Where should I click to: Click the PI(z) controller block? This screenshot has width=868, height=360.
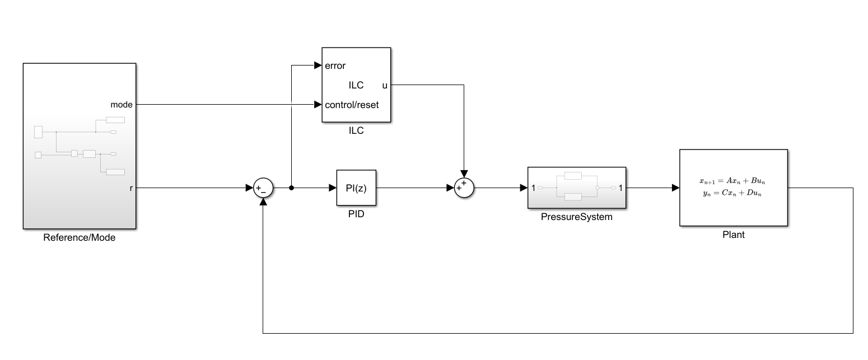[356, 188]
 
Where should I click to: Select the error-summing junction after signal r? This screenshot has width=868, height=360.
[263, 188]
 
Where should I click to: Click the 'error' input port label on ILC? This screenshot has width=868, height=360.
[335, 66]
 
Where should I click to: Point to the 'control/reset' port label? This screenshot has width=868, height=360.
[352, 104]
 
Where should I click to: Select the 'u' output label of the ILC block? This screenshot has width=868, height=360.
[385, 85]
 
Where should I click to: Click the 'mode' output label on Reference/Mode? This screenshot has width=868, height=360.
[122, 104]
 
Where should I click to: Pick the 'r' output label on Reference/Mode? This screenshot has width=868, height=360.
[131, 188]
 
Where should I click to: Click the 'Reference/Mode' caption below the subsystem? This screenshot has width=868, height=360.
[79, 237]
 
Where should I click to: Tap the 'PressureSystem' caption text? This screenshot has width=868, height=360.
[576, 217]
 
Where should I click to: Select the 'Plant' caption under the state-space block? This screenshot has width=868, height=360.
[733, 235]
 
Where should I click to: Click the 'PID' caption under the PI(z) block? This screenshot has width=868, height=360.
[356, 214]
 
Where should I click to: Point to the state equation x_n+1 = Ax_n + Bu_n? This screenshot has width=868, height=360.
[733, 181]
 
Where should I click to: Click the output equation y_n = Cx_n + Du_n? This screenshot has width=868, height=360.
[733, 193]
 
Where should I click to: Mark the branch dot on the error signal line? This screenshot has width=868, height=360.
[291, 188]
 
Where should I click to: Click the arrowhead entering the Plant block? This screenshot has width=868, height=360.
[675, 188]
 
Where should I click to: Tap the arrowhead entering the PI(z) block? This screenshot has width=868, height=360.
[332, 188]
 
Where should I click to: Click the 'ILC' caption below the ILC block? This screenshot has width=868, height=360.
[356, 130]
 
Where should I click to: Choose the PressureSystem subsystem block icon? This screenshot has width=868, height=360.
[576, 188]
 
